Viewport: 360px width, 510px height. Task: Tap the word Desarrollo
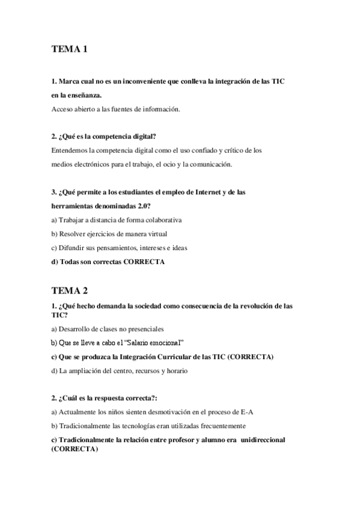pos(76,328)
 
